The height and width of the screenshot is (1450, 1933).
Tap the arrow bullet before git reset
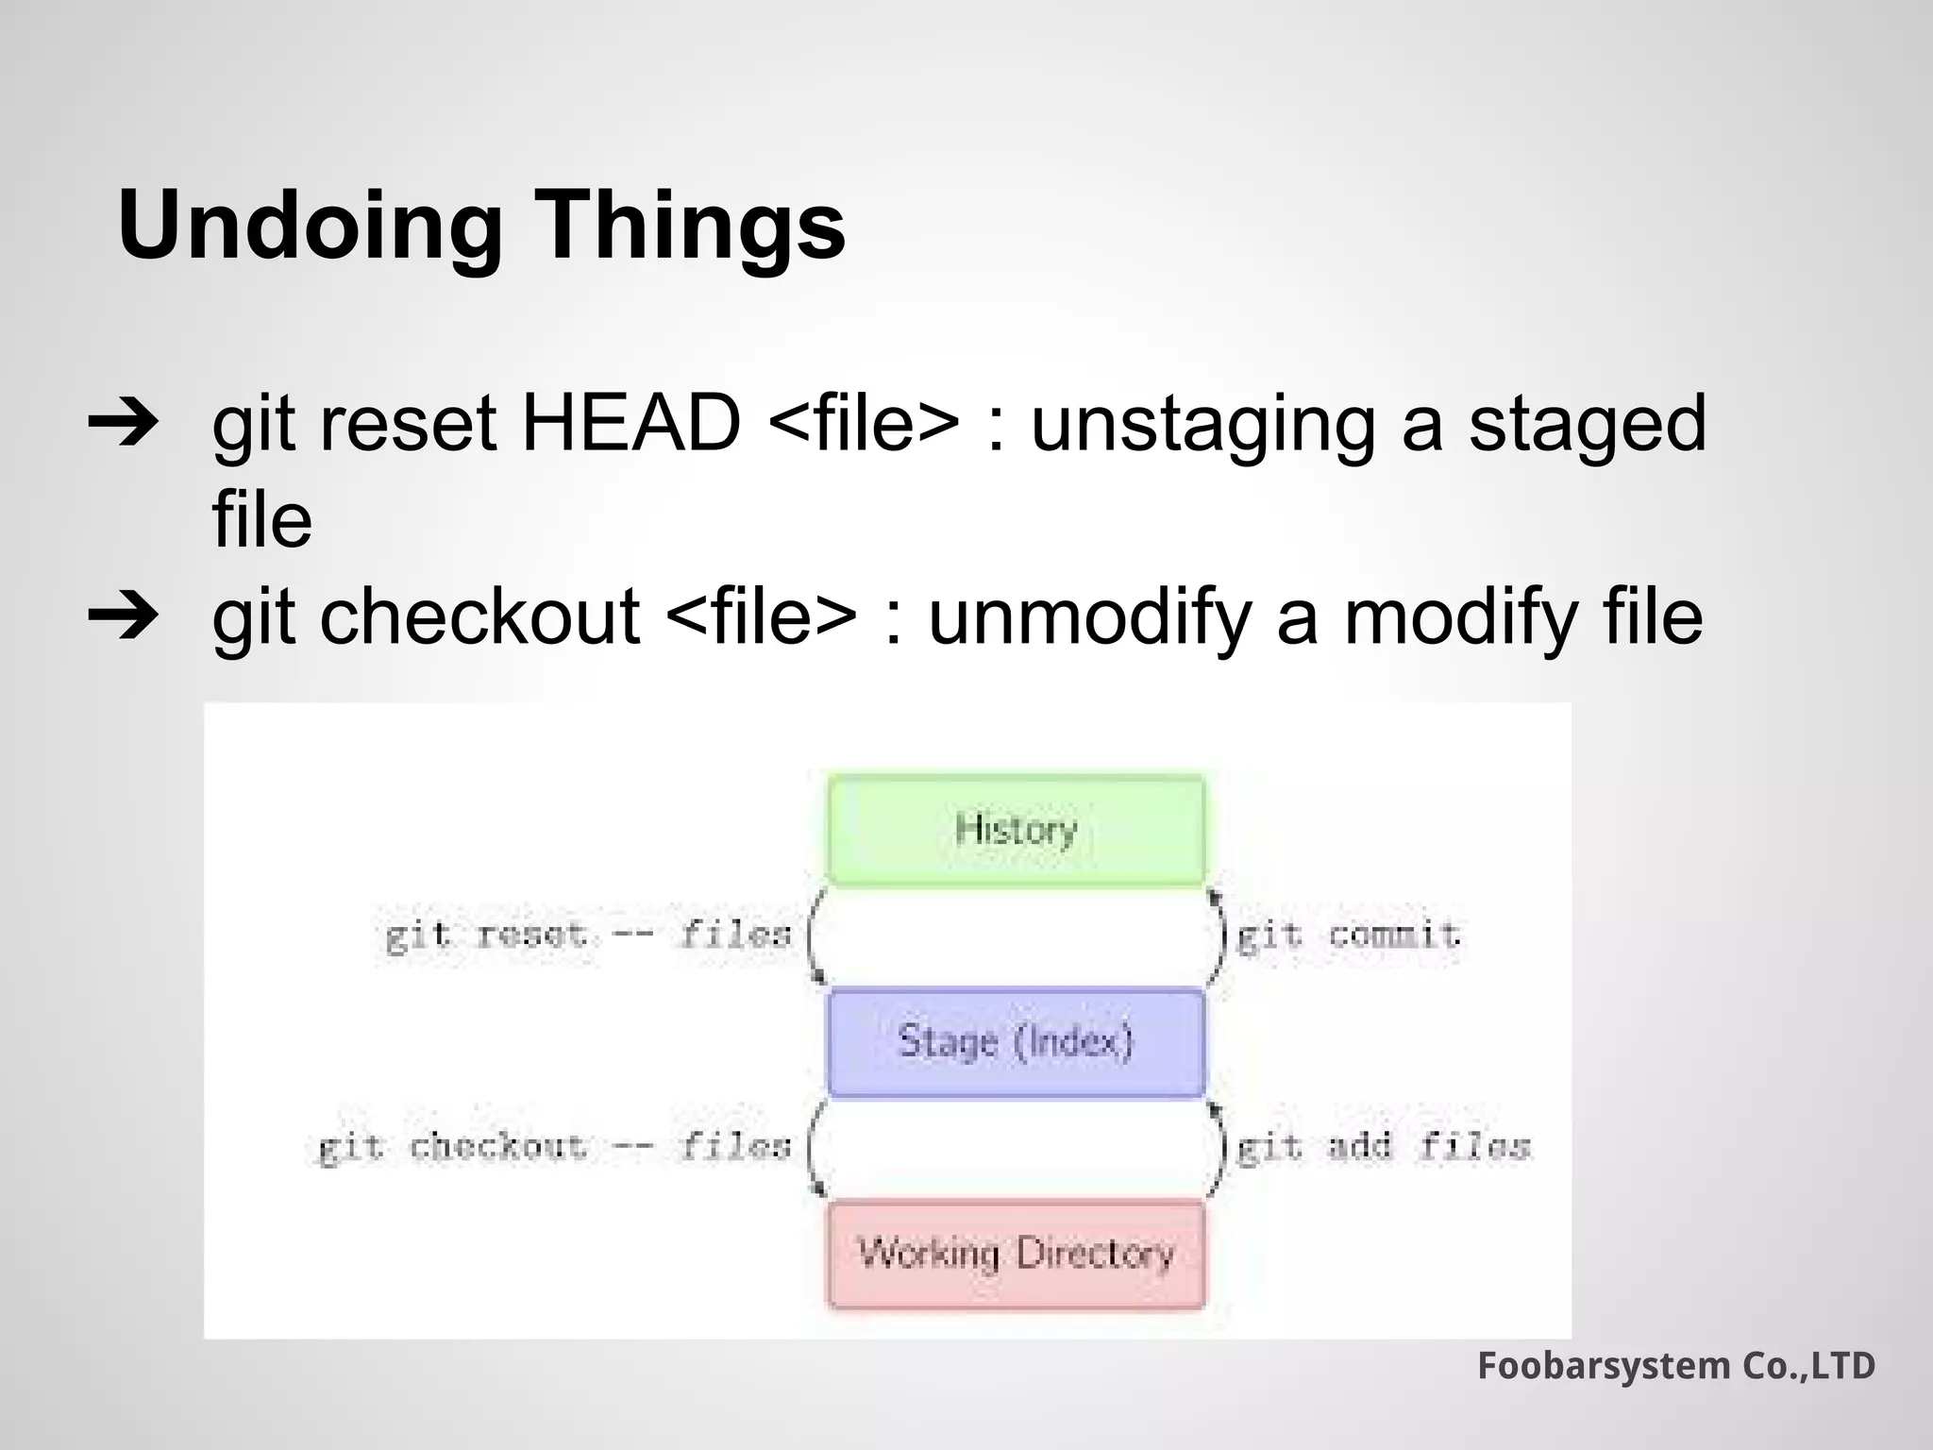pos(123,425)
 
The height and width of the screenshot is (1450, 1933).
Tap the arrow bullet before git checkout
pos(123,617)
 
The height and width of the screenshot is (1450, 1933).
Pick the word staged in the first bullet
pos(1588,425)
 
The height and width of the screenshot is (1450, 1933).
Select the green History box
pos(1016,830)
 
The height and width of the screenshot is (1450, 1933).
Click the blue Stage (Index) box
pos(1016,1042)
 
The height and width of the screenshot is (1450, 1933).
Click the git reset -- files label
pos(587,936)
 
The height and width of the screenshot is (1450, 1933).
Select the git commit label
pos(1348,936)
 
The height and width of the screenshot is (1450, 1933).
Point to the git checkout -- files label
pos(553,1147)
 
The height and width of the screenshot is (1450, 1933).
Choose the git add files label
pos(1382,1147)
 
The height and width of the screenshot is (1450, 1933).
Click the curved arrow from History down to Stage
pos(813,936)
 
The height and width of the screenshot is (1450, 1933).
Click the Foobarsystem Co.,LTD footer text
pos(1675,1366)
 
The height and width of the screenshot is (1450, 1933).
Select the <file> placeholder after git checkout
pos(761,617)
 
